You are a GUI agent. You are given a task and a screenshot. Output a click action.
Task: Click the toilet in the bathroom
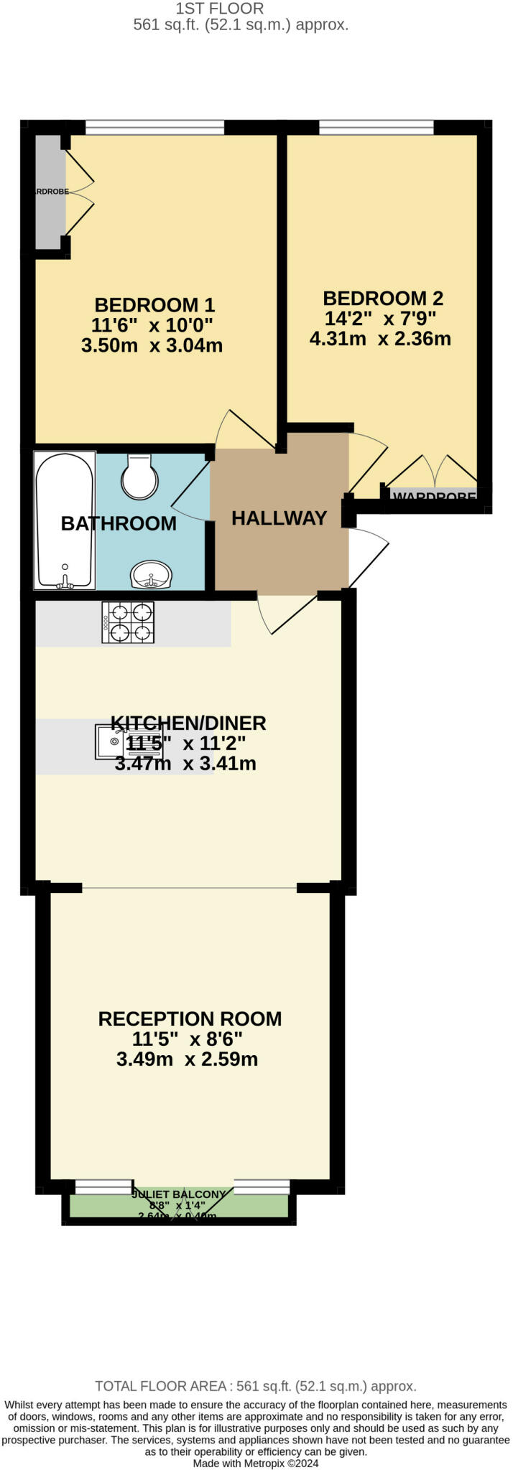(139, 477)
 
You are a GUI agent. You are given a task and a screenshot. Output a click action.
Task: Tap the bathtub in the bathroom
(65, 520)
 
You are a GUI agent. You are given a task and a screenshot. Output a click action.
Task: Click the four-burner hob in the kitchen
(128, 622)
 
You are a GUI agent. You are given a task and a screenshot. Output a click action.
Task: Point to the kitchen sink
(111, 742)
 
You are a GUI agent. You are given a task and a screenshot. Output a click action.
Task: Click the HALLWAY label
(279, 518)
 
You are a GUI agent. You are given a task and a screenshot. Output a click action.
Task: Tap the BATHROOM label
(119, 524)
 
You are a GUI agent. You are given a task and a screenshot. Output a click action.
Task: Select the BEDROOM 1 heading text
(154, 305)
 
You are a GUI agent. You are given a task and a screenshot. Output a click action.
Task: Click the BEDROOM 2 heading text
(383, 299)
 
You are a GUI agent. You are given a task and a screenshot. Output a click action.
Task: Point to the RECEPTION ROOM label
(190, 1019)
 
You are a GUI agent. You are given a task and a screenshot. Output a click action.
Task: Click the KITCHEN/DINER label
(188, 723)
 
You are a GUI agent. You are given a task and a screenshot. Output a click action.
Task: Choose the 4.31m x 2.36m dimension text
(380, 339)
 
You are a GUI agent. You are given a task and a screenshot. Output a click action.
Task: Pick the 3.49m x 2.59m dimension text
(187, 1059)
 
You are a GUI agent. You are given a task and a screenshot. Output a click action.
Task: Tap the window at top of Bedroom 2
(376, 128)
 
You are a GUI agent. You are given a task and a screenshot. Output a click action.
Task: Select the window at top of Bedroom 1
(154, 128)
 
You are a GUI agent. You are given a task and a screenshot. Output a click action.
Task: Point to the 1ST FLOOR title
(220, 9)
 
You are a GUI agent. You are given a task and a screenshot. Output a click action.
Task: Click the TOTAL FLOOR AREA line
(256, 1387)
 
